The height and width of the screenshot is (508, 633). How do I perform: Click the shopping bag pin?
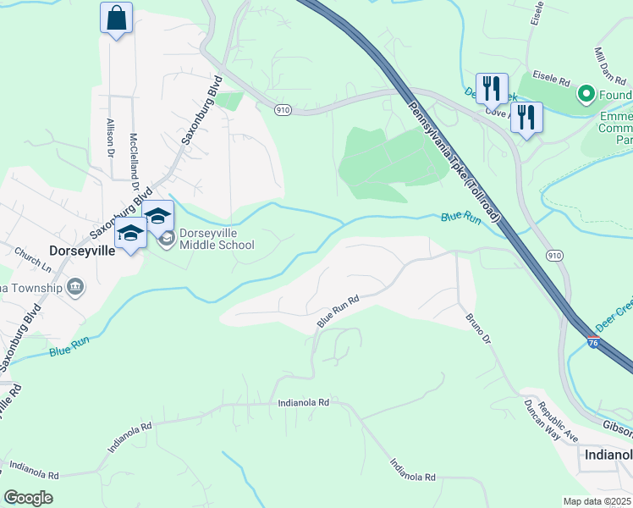(116, 18)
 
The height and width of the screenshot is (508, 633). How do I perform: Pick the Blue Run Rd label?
(339, 311)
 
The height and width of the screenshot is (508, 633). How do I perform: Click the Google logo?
(28, 498)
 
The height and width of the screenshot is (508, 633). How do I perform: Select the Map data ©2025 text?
(597, 501)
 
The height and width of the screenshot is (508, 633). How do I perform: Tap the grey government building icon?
(75, 288)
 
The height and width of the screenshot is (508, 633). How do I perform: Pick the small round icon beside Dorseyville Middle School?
(167, 239)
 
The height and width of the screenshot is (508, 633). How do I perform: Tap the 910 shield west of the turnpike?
(284, 109)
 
